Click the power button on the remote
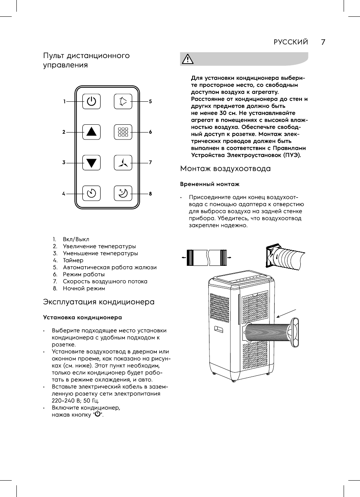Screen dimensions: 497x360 (91, 102)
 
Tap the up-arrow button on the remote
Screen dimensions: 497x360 (91, 132)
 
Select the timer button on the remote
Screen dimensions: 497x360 (91, 193)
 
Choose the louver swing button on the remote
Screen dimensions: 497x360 (123, 102)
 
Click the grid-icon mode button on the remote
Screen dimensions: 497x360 (123, 132)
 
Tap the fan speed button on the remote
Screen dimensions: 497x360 (123, 163)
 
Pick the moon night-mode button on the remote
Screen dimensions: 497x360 (123, 193)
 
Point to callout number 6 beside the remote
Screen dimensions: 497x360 (150, 132)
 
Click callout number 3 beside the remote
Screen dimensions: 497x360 (64, 163)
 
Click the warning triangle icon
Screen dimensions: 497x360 (188, 59)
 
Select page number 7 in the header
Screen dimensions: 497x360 (323, 42)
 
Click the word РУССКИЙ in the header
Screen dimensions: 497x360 (291, 42)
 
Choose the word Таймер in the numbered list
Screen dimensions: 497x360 (73, 260)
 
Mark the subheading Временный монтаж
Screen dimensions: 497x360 (209, 184)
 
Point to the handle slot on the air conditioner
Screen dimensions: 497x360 (218, 330)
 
